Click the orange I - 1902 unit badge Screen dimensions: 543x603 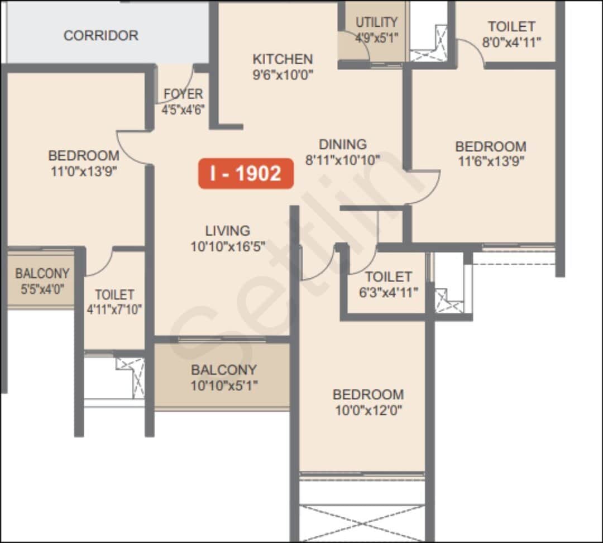tap(246, 174)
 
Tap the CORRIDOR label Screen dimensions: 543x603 tap(100, 35)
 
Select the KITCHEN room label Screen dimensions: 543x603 tap(283, 59)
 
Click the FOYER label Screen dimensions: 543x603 tap(183, 94)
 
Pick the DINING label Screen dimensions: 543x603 tap(342, 144)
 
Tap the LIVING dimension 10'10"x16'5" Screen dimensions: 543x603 tap(227, 246)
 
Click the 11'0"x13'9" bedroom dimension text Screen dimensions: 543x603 tap(83, 170)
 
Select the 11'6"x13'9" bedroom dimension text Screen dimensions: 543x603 tap(491, 161)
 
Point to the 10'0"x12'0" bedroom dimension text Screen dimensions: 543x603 tap(368, 410)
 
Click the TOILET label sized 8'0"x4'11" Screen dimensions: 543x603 tap(511, 26)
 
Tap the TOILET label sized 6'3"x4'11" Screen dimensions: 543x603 tap(389, 277)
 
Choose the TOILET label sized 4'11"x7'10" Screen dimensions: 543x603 tap(114, 294)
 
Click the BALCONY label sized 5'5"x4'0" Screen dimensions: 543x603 tap(42, 274)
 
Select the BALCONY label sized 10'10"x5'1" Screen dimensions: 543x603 tap(223, 370)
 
